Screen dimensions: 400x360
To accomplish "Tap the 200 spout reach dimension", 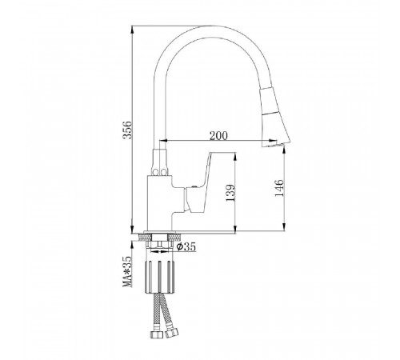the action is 218,135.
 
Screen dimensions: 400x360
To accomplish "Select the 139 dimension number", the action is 230,193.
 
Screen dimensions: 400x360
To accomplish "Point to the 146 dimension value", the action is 279,188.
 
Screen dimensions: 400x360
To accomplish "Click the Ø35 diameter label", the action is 186,247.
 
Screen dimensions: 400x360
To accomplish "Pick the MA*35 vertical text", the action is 127,271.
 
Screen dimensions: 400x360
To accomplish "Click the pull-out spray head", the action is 274,118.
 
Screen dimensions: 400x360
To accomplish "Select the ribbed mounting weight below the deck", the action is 159,277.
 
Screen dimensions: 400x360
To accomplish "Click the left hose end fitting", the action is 157,334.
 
